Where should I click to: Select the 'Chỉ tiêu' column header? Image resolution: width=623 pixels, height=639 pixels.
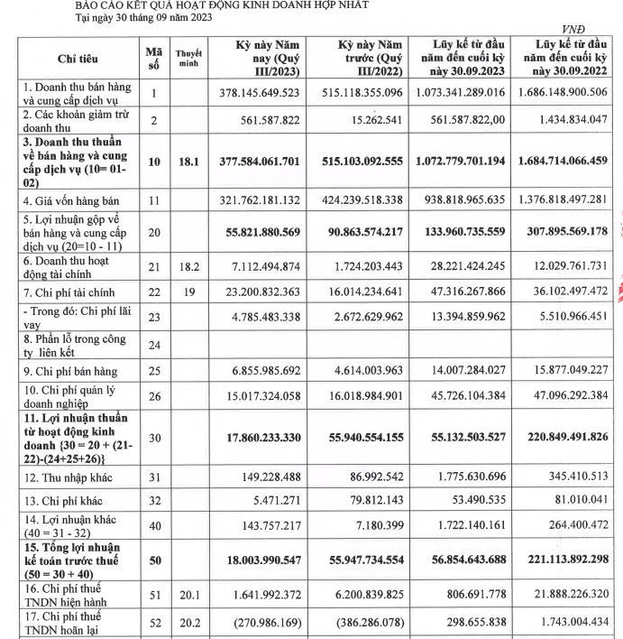[78, 59]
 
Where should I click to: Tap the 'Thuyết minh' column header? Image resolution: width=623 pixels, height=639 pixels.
[188, 59]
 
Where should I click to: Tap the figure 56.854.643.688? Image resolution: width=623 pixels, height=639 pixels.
[466, 560]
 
